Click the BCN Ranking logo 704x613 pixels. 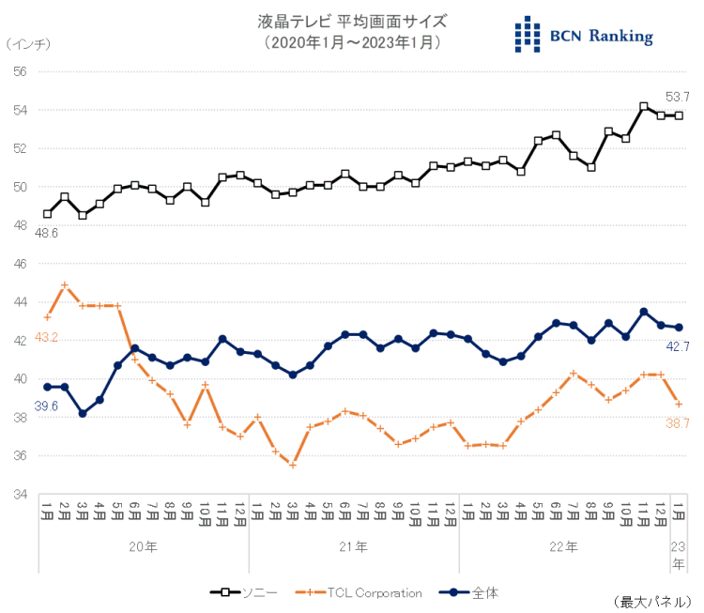pyautogui.click(x=584, y=36)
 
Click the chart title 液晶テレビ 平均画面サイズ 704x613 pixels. pyautogui.click(x=352, y=21)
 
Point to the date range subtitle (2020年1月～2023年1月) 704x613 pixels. pyautogui.click(x=352, y=43)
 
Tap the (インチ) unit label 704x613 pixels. pyautogui.click(x=29, y=44)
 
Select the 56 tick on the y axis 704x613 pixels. pyautogui.click(x=20, y=71)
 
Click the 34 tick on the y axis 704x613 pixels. pyautogui.click(x=20, y=495)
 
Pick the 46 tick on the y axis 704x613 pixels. pyautogui.click(x=20, y=264)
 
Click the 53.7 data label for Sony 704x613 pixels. pyautogui.click(x=677, y=96)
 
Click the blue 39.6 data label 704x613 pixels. pyautogui.click(x=46, y=405)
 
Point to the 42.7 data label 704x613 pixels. pyautogui.click(x=677, y=346)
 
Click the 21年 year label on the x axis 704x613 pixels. pyautogui.click(x=354, y=545)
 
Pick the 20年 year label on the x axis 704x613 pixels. pyautogui.click(x=144, y=545)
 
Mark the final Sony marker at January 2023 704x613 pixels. pyautogui.click(x=678, y=115)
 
